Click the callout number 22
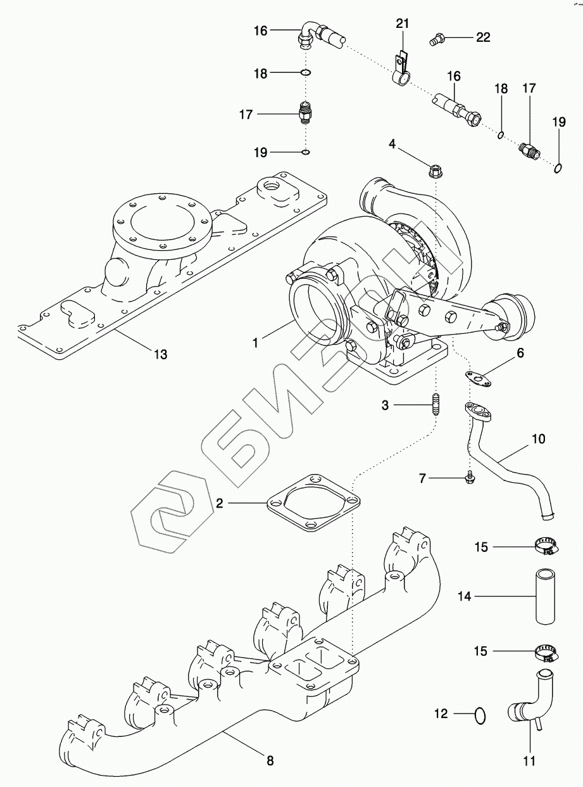point(483,38)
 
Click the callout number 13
point(161,354)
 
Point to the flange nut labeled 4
point(436,169)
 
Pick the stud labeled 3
point(436,404)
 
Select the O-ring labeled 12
point(481,714)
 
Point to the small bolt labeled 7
point(469,482)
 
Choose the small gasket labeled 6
point(481,378)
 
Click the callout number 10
point(537,438)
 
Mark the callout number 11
point(529,760)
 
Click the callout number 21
point(403,24)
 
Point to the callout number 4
point(392,144)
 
